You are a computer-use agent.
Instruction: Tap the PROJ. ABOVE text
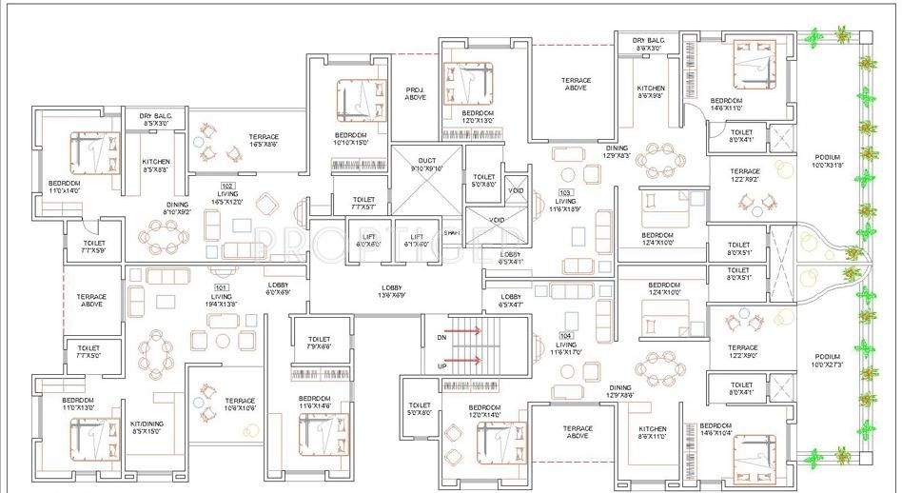pyautogui.click(x=415, y=92)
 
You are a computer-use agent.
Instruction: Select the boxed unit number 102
pyautogui.click(x=227, y=186)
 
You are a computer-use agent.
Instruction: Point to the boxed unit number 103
pyautogui.click(x=566, y=192)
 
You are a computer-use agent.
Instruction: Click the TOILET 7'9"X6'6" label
pyautogui.click(x=319, y=344)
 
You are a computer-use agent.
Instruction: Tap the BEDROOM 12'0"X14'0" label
pyautogui.click(x=486, y=411)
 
